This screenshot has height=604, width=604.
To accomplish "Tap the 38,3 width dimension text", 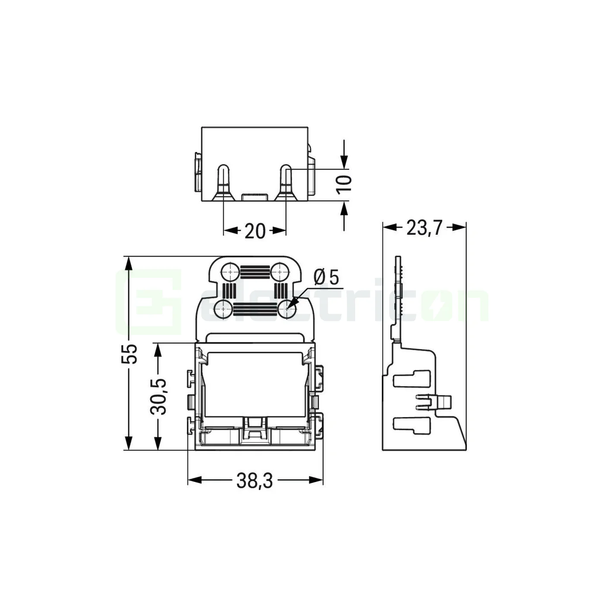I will click(255, 481).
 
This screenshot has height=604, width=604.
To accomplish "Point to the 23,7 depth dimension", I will click(424, 227).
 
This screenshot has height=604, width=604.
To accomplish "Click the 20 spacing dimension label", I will click(255, 231).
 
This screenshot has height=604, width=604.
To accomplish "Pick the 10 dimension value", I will click(345, 183).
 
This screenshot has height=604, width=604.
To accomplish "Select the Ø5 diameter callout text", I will click(327, 277).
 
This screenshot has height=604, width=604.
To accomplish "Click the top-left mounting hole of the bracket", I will click(229, 272).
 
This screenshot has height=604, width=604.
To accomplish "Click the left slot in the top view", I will click(223, 181).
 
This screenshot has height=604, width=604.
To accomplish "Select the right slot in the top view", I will click(286, 181).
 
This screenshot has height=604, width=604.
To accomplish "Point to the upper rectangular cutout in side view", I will click(412, 378).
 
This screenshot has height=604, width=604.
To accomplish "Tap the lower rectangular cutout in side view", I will click(412, 425).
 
